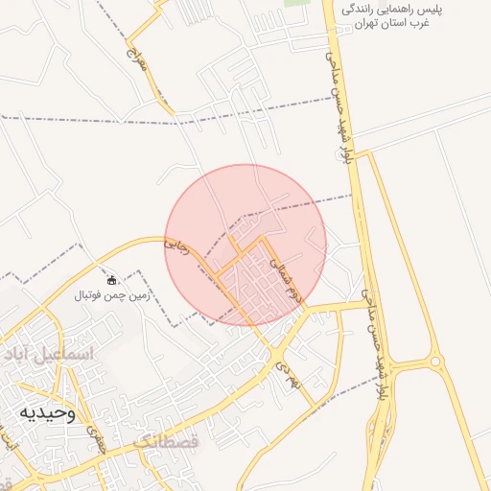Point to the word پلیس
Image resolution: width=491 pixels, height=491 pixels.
coord(462,9)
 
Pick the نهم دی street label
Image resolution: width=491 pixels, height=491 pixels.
coord(282,372)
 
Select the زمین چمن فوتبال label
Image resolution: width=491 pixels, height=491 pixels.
coord(113,297)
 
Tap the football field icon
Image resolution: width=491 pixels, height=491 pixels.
coord(113,281)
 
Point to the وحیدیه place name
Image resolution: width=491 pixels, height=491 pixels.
coord(45,412)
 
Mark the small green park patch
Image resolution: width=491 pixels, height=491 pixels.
coord(296,3)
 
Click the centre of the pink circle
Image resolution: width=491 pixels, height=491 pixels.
coord(245,245)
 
